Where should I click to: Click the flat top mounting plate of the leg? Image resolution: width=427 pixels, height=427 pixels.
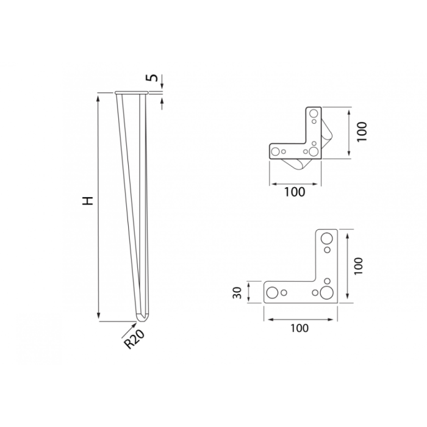[131, 93]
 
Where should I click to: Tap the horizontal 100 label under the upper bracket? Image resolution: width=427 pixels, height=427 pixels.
[295, 192]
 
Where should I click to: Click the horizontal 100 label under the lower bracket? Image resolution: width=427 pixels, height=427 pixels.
[299, 328]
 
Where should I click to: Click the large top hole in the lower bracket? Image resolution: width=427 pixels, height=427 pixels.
[328, 238]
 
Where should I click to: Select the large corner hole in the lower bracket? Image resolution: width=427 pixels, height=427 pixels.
[328, 292]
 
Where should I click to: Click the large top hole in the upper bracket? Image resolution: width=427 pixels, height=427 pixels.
[314, 114]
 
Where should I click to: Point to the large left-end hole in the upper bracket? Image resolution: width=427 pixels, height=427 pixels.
[276, 150]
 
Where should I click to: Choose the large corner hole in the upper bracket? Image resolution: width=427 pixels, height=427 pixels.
[313, 150]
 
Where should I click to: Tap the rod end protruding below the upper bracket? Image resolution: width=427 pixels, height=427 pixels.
[296, 165]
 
